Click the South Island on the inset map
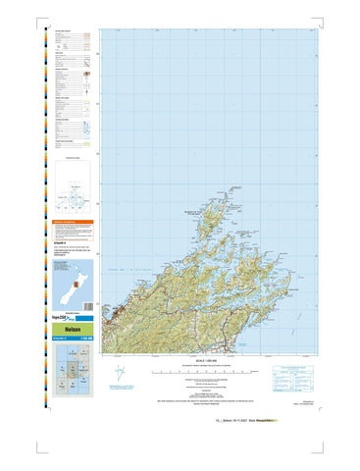66,287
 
